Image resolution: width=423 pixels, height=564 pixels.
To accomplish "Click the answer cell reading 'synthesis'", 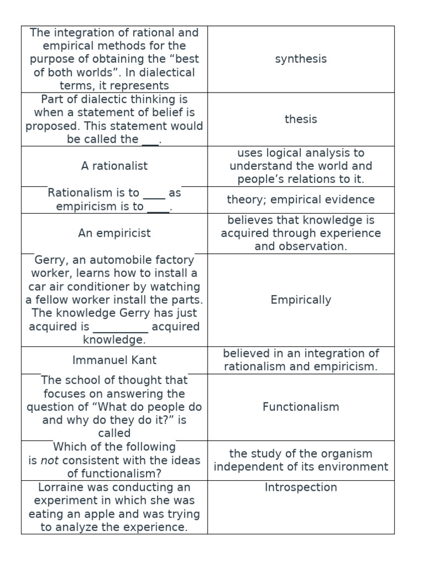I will pos(301,59).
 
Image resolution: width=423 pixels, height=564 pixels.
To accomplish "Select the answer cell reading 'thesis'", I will pos(301,119).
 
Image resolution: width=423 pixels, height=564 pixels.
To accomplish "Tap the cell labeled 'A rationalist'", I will pos(115,166).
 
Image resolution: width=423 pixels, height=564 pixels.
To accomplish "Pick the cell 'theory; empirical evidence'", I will pos(301,200).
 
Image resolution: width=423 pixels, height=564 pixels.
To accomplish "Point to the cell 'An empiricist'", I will pos(115,233).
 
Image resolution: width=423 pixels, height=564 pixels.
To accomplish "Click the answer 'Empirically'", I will pos(301,300).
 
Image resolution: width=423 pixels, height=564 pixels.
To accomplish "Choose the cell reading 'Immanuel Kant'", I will pos(115,360).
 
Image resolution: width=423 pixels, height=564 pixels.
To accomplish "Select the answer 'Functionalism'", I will pos(301,407).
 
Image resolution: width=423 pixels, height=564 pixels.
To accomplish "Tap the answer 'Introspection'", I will pos(301,487).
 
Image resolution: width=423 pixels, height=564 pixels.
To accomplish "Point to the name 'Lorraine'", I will pos(60,487).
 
